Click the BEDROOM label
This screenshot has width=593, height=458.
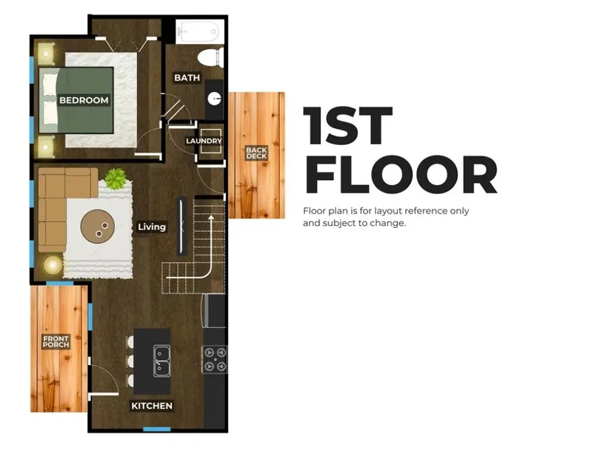[84, 100]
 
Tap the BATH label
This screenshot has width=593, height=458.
[187, 78]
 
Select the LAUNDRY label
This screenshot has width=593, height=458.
[204, 141]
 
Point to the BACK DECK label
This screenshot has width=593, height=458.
[256, 153]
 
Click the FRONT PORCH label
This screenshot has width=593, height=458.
[56, 342]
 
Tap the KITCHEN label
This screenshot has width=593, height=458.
[152, 406]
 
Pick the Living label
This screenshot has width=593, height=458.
[152, 227]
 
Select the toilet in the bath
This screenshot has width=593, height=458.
[212, 58]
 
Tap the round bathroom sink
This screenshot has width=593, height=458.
[214, 99]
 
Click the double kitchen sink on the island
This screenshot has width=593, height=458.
[161, 360]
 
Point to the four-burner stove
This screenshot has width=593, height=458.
[215, 359]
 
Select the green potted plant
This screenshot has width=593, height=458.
[116, 178]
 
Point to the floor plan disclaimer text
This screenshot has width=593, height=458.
[386, 217]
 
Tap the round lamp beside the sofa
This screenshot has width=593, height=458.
[53, 265]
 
